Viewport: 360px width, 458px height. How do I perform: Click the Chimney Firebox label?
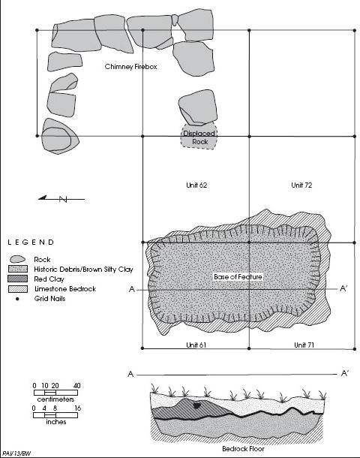point(130,67)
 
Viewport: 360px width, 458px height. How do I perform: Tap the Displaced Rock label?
point(199,137)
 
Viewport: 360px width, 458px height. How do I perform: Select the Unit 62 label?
point(196,185)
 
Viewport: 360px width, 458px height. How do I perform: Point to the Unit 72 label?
point(301,185)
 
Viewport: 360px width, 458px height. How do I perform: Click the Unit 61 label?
point(196,345)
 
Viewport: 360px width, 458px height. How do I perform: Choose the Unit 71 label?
point(304,345)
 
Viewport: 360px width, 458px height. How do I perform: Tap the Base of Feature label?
point(238,276)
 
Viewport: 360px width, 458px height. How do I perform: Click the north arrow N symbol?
point(63,200)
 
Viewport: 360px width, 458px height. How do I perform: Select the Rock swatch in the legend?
point(17,259)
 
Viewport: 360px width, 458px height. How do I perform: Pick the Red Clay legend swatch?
point(18,279)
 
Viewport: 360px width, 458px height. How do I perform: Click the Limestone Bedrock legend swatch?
point(18,289)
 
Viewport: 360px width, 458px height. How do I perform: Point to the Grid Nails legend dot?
point(17,299)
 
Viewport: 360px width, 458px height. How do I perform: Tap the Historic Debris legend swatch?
point(18,269)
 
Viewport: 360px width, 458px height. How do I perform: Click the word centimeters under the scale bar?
point(55,399)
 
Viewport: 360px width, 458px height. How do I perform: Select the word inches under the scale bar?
point(55,422)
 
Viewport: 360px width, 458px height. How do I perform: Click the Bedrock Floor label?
point(243,449)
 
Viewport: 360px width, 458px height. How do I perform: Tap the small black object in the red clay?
point(197,405)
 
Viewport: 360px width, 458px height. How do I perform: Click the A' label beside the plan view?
point(343,288)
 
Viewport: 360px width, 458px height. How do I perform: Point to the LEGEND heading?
point(31,243)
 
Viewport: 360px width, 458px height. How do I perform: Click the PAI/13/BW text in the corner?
point(16,453)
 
